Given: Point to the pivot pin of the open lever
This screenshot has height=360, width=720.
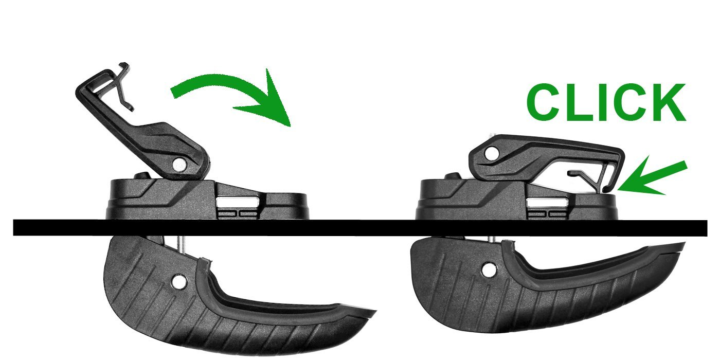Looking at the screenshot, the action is [179, 165].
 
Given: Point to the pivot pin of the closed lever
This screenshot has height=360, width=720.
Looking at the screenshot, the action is [492, 153].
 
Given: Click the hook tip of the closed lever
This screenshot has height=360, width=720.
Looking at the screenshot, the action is [606, 189].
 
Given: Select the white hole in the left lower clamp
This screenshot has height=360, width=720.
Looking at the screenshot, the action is [179, 282].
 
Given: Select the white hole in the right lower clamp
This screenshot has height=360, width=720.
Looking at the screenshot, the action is [489, 269].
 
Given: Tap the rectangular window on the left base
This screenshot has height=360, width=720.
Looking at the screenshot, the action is [238, 203].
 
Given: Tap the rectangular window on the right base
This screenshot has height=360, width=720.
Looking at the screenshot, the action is [546, 203].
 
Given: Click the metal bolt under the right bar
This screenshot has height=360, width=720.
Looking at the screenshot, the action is [492, 240].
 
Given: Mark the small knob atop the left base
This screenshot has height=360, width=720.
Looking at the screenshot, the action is [142, 176].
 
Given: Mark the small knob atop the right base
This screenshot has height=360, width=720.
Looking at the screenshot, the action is [453, 176].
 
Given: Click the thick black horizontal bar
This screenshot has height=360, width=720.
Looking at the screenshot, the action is [360, 228].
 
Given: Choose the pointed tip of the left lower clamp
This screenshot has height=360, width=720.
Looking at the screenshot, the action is [375, 311].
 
